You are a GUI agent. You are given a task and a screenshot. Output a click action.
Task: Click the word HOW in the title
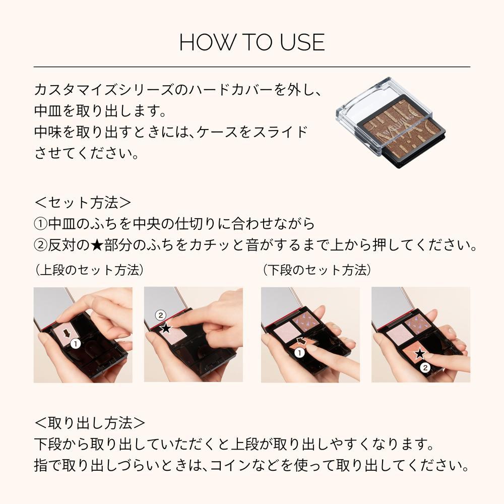click(199, 43)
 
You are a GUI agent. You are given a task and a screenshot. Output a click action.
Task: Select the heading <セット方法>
click(83, 203)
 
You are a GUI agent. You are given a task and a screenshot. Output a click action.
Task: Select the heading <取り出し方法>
click(90, 421)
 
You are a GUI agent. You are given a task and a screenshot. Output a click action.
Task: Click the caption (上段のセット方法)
click(89, 270)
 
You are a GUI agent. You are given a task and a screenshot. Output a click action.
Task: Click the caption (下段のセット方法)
click(317, 270)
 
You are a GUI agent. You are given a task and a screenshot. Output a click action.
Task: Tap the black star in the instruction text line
click(98, 245)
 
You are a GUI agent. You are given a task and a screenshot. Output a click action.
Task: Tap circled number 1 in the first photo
click(75, 344)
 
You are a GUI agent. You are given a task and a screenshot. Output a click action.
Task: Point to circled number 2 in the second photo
click(160, 316)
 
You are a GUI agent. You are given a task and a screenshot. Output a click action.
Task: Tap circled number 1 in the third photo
click(299, 353)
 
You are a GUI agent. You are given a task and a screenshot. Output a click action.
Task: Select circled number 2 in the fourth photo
click(425, 368)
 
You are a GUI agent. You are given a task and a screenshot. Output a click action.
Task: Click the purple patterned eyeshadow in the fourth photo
click(418, 322)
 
